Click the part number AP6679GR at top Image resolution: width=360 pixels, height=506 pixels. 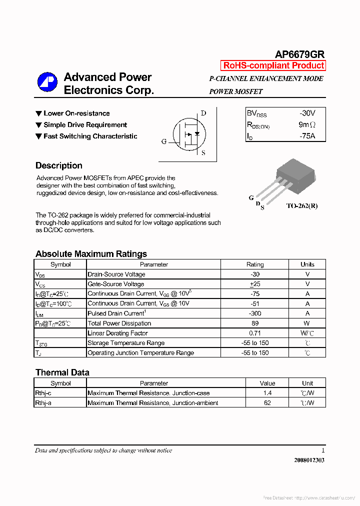[299, 54]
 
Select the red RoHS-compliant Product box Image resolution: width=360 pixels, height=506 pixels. [273, 65]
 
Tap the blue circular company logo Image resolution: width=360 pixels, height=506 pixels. [47, 82]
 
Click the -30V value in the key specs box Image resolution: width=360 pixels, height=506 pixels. [307, 113]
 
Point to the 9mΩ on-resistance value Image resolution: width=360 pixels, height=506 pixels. [307, 124]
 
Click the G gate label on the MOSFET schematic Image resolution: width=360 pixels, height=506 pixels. [163, 141]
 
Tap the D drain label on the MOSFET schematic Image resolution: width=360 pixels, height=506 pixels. [203, 113]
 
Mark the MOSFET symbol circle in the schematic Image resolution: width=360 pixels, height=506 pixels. [188, 134]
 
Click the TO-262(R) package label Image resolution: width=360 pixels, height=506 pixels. [301, 205]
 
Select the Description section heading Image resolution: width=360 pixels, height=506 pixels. [59, 165]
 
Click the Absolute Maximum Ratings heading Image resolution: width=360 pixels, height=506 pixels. [91, 253]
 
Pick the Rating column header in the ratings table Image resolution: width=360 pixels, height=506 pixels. [255, 264]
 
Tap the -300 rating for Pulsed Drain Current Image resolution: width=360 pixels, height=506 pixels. [255, 313]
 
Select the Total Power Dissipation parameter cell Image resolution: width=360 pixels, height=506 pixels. [119, 323]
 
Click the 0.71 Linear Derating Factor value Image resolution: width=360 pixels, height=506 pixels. [255, 333]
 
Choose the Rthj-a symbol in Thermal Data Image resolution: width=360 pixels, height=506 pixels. [43, 403]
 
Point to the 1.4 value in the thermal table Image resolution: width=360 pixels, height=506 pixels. [267, 393]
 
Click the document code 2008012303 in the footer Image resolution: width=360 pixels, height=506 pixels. [309, 460]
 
